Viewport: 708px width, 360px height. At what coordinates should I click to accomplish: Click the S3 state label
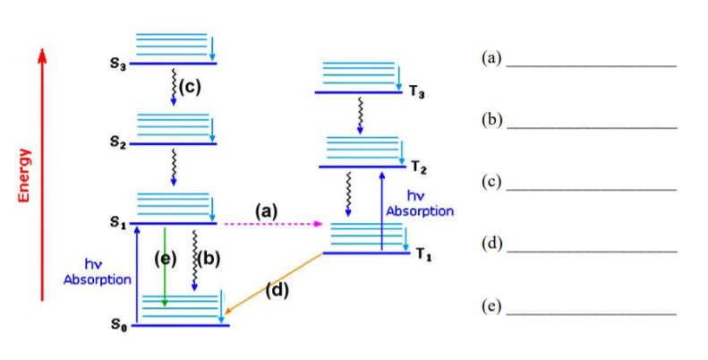[117, 64]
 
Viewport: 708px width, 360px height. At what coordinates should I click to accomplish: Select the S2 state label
[117, 141]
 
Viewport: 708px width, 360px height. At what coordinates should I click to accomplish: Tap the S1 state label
[117, 223]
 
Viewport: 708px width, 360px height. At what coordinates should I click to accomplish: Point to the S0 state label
[117, 326]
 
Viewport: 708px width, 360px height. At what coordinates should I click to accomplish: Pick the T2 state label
[419, 167]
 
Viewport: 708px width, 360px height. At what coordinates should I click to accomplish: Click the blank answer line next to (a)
[591, 65]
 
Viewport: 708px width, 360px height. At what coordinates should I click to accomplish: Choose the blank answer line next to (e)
[591, 313]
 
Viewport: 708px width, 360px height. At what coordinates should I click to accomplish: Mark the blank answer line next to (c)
[591, 189]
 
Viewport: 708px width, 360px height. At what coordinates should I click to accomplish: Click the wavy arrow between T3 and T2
[360, 115]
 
